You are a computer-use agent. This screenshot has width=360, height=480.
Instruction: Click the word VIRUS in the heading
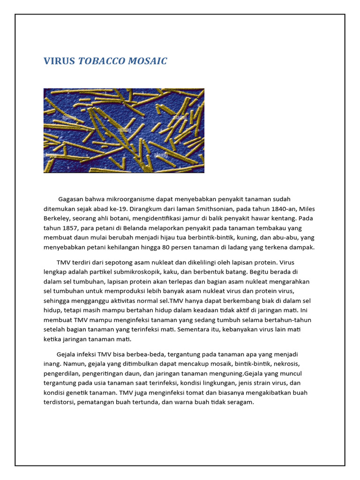59,61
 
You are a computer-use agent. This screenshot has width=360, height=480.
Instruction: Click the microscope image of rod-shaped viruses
124,130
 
